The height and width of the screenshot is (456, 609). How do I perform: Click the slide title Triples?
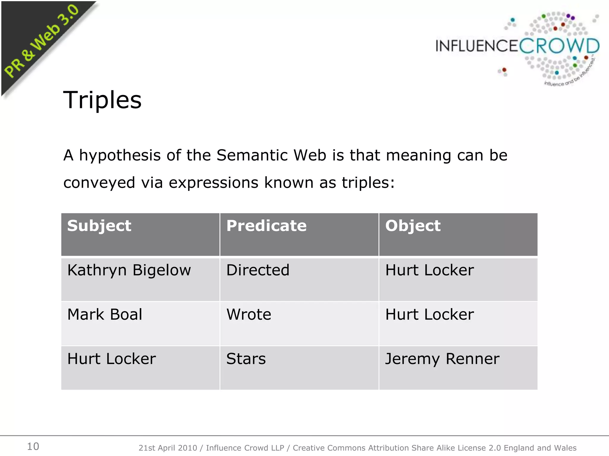pos(102,100)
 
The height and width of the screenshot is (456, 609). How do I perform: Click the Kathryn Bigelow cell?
pos(129,270)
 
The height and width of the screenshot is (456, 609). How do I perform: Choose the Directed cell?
pos(258,270)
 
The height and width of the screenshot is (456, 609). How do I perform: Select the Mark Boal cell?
pos(105,314)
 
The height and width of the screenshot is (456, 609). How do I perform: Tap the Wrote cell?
pos(249,314)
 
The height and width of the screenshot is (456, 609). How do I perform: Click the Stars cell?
pos(246,359)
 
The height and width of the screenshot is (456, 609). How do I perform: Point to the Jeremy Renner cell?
pos(442,359)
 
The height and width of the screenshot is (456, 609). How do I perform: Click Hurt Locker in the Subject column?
pos(112,359)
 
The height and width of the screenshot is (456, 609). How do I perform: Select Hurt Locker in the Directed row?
pos(429,270)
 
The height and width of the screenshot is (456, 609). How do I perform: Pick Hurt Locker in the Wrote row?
pos(429,314)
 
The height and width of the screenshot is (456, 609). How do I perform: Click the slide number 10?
pos(33,446)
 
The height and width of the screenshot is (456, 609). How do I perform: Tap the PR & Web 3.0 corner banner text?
pos(42,42)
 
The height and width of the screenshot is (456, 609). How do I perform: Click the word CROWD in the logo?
pos(559,46)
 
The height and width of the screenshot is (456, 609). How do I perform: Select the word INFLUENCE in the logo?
pos(477,46)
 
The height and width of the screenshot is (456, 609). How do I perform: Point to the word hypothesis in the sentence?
pos(120,156)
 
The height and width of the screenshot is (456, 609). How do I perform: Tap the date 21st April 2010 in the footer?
pos(168,448)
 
